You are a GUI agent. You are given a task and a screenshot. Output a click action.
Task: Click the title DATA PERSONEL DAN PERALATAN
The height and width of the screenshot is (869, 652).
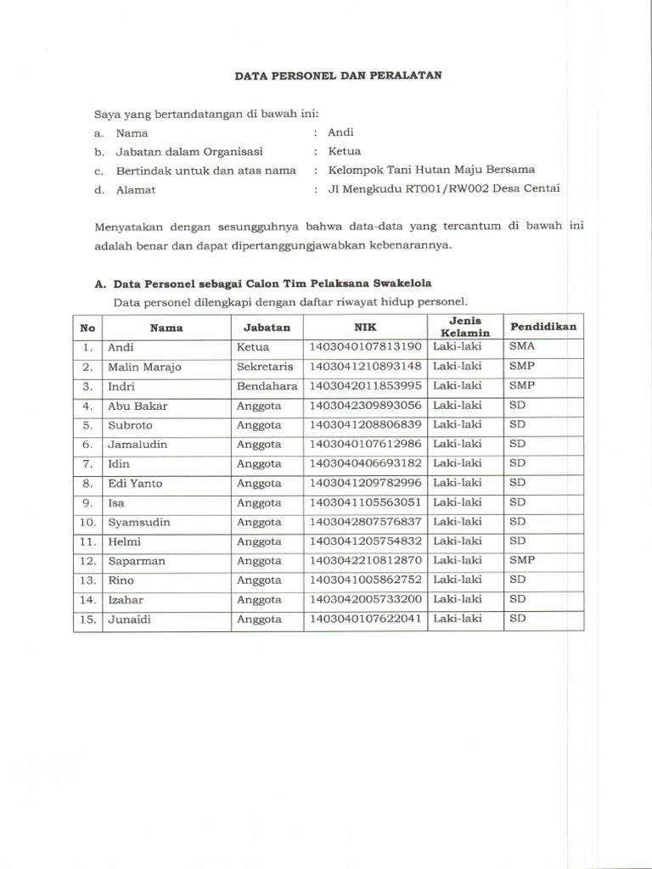[x=338, y=76]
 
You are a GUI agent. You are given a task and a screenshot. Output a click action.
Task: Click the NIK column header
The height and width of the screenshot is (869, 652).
[x=366, y=327]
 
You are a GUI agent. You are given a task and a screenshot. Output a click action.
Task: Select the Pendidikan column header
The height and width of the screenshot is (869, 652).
[x=542, y=327]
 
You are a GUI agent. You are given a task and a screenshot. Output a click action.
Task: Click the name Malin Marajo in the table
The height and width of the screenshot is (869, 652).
[x=144, y=367]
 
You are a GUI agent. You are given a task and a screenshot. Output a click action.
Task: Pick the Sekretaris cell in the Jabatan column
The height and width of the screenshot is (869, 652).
[x=265, y=367]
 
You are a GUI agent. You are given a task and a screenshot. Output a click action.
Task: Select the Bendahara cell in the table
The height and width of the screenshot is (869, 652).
[x=267, y=386]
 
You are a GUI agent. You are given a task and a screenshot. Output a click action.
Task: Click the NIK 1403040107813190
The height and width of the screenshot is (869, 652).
[x=366, y=347]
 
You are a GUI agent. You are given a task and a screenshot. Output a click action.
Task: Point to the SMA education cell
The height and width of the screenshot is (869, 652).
[x=521, y=347]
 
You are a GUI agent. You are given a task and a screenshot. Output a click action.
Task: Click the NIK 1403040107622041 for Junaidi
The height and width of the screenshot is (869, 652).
[x=366, y=620]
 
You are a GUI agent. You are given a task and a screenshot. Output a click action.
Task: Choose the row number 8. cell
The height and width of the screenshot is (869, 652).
[x=87, y=484]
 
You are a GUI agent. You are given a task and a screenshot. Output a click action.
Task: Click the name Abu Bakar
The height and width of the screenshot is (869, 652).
[x=138, y=406]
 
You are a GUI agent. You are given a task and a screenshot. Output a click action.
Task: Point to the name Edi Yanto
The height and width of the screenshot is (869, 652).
[x=135, y=484]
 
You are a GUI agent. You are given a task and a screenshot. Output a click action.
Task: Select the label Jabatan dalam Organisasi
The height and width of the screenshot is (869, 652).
[x=189, y=152]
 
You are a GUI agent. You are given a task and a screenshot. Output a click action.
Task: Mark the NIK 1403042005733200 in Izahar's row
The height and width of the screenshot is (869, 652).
[x=366, y=599]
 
